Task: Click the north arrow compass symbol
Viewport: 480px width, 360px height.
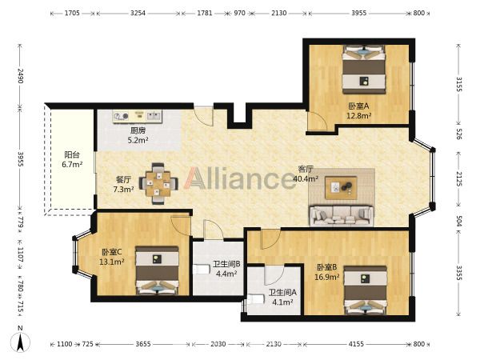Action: click(20, 341)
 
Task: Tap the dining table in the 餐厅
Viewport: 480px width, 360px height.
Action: click(158, 184)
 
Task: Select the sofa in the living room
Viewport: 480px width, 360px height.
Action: click(342, 216)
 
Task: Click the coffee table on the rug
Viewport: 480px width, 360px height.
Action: click(341, 188)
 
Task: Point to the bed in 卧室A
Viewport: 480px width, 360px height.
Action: click(364, 70)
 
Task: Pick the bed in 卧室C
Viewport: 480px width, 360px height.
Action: click(157, 270)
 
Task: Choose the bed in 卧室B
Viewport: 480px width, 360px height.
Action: click(366, 290)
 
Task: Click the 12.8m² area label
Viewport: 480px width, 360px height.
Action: click(358, 116)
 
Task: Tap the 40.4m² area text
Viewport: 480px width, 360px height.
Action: click(306, 179)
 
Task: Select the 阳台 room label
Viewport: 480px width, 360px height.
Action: click(72, 154)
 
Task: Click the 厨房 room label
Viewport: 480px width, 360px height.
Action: click(138, 130)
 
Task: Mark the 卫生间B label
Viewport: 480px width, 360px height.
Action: click(226, 264)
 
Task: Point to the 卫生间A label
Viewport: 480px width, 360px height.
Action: click(282, 293)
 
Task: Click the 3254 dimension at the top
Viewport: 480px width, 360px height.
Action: click(138, 13)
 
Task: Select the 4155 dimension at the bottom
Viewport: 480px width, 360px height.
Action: click(356, 344)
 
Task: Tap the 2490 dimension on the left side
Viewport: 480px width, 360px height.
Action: click(20, 76)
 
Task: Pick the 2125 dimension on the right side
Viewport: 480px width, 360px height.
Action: click(459, 178)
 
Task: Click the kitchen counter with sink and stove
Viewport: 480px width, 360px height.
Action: click(137, 116)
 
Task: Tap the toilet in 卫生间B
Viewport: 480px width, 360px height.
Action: click(200, 270)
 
